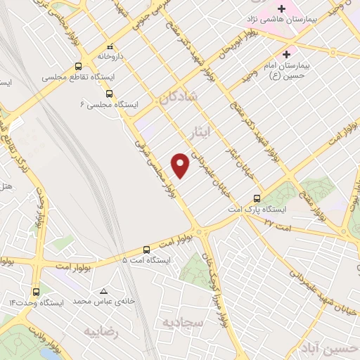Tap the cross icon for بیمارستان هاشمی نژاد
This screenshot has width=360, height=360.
(x=281, y=10)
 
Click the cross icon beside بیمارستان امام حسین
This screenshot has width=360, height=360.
(x=286, y=54)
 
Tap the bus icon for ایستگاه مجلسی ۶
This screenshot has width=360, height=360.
(x=109, y=93)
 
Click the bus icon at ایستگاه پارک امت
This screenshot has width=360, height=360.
(x=257, y=199)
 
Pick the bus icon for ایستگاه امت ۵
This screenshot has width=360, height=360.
(x=146, y=250)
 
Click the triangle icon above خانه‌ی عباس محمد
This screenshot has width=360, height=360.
(x=104, y=290)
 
